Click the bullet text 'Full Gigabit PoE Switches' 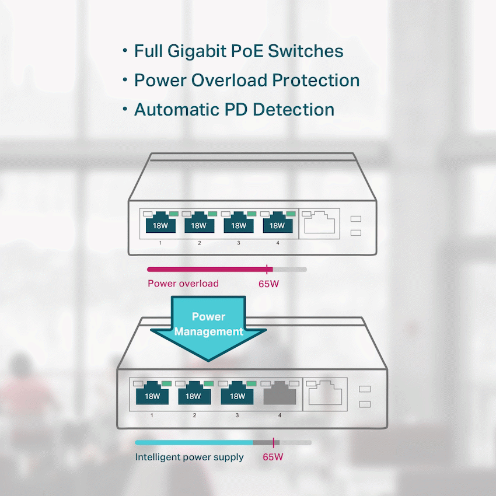point(239,51)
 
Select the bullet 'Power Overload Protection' point(246,81)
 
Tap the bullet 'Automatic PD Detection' point(234,110)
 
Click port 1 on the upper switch point(160,223)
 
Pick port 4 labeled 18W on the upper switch point(277,223)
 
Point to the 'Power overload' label point(183,284)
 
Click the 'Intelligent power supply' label point(189,457)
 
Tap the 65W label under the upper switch point(268,284)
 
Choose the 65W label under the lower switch point(273,457)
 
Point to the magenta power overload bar point(207,269)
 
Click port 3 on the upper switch point(238,223)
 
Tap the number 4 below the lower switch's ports point(280,415)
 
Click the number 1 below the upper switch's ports point(160,242)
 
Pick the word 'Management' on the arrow point(208,331)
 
